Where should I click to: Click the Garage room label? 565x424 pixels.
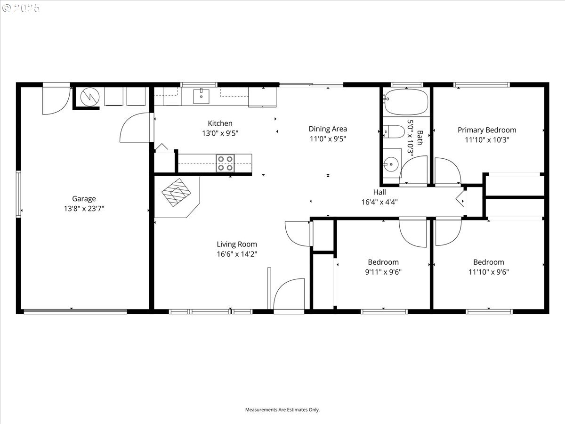[84, 198]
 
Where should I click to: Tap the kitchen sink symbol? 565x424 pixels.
[201, 96]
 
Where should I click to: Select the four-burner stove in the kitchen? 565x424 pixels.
[225, 163]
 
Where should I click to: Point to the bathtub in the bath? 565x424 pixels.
[406, 102]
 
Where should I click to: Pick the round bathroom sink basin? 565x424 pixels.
[391, 164]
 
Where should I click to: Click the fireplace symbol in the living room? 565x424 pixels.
[176, 192]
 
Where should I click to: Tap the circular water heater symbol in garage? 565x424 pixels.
[90, 97]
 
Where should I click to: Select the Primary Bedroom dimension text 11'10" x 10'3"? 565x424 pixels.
[487, 140]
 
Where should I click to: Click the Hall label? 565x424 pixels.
[379, 192]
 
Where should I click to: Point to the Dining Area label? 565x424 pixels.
[328, 129]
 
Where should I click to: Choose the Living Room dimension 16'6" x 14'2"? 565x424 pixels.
[237, 254]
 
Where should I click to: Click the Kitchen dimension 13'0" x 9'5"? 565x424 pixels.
[220, 133]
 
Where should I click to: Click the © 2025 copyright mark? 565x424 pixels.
[21, 8]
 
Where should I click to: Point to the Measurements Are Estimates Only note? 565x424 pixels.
[282, 409]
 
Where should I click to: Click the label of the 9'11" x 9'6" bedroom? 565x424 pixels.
[383, 262]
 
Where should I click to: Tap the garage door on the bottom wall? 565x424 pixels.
[75, 312]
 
